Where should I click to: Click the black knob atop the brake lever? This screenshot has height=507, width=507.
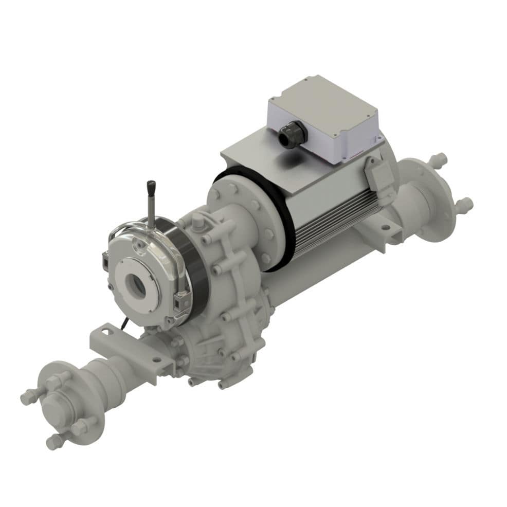(x=151, y=188)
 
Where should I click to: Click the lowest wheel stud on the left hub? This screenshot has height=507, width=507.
(x=56, y=441)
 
